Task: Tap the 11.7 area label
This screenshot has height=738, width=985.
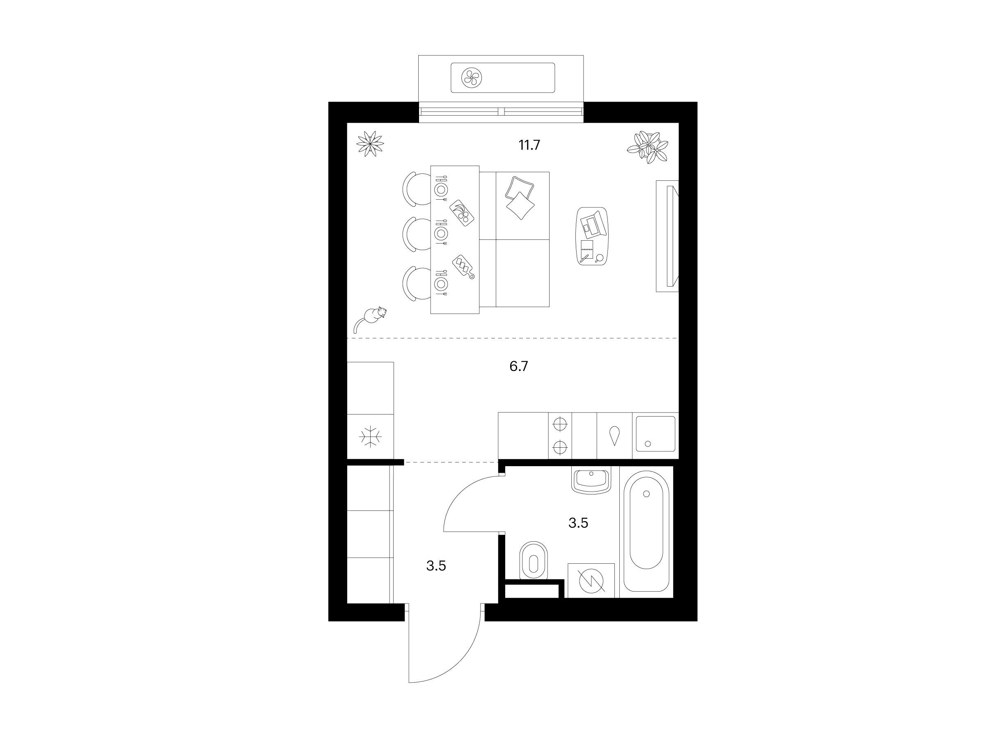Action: coord(529,145)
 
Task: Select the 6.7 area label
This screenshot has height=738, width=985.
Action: coord(519,366)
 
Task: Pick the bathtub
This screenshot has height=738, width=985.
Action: coord(646,531)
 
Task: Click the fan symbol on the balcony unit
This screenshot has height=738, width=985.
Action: coord(471,78)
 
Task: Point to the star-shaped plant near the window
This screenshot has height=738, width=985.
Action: coord(370,143)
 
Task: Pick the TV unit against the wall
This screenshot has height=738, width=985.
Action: coord(667,236)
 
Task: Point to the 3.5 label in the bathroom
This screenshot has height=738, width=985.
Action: coord(578,523)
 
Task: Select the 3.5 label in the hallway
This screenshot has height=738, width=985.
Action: coord(436,566)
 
